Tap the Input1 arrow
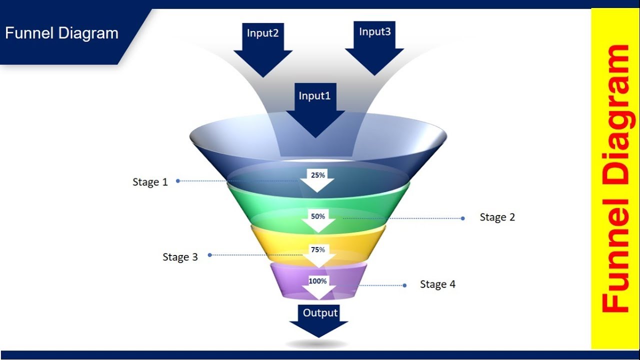(315, 110)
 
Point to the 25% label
(318, 175)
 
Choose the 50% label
(318, 216)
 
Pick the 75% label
(318, 249)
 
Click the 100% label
(317, 281)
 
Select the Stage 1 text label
(150, 182)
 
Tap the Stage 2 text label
(497, 217)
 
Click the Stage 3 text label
(180, 257)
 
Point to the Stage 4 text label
(437, 284)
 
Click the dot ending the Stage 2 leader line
(463, 218)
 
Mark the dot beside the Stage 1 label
(178, 181)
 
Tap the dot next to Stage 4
(404, 285)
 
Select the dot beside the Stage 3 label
(210, 255)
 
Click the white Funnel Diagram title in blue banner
(61, 33)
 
